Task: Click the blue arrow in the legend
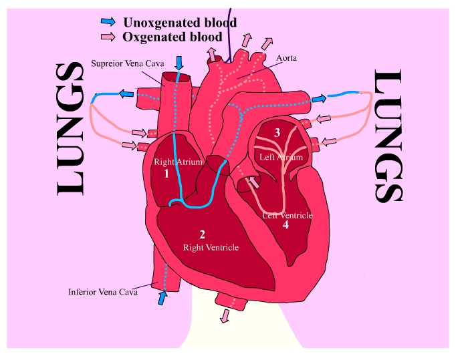click(108, 23)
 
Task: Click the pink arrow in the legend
click(108, 37)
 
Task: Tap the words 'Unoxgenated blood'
click(180, 23)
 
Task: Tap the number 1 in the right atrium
click(166, 174)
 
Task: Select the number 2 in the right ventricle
click(201, 234)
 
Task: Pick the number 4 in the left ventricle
click(285, 225)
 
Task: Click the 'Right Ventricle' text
click(211, 247)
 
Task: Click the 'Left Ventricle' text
click(288, 215)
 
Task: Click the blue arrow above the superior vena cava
click(179, 63)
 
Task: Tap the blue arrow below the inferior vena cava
click(160, 298)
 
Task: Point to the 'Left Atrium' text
click(281, 157)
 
